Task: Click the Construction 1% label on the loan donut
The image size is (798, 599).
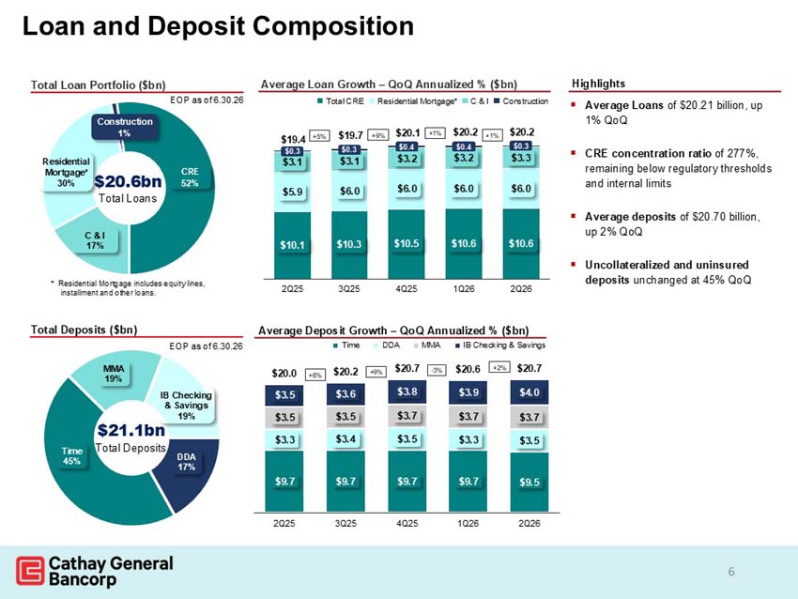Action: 125,128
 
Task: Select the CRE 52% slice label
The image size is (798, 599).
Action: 190,177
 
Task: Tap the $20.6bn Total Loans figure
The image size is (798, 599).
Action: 128,189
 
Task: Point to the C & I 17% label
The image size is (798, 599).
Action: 95,240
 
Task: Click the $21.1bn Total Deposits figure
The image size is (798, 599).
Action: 130,438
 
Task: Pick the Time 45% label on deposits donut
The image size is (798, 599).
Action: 71,456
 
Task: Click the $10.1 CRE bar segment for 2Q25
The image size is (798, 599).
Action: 292,245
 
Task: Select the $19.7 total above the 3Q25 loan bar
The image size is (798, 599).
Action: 350,135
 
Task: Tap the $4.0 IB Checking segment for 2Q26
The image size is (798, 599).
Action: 529,392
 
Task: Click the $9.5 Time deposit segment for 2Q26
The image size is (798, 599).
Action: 529,482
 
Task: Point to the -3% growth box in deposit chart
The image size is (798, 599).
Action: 437,370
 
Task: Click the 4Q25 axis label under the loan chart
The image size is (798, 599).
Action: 407,288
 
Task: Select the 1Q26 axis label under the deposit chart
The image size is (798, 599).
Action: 468,523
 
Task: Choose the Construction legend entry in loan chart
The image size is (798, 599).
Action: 521,101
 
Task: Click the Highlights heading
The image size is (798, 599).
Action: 599,84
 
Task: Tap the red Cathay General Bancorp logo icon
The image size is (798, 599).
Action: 30,571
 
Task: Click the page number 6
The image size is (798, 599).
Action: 731,572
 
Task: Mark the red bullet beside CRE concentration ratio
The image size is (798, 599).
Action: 574,153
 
